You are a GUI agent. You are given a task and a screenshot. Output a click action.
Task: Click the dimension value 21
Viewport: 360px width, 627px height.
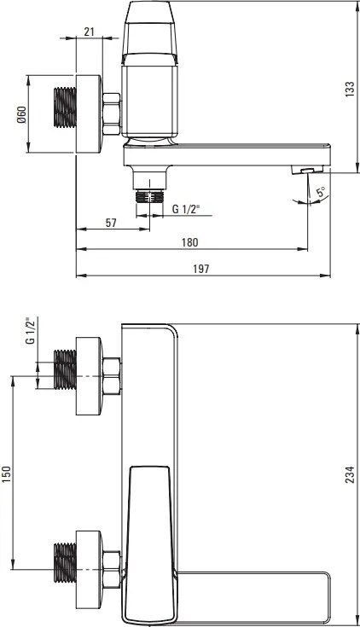tap(90, 32)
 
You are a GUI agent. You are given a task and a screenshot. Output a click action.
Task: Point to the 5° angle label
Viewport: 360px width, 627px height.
tap(319, 193)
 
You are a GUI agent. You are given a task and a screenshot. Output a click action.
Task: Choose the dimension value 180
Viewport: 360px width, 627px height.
tap(192, 242)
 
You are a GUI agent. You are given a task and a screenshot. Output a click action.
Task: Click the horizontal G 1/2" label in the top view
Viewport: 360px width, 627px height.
tap(186, 208)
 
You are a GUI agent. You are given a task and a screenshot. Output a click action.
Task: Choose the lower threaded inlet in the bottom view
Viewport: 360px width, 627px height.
tap(63, 568)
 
